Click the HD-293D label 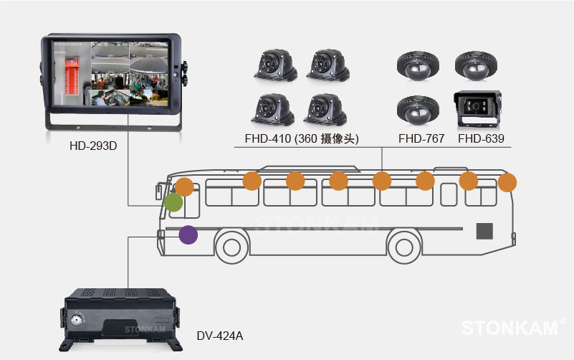coord(93,146)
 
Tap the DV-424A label coord(221,335)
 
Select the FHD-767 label coord(421,138)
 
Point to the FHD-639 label coord(481,138)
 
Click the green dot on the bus coord(173,202)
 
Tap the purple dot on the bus coord(188,235)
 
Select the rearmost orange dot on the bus coord(507,182)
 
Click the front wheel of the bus coord(231,247)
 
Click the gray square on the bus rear coord(486,231)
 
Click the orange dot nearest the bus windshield coord(184,187)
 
